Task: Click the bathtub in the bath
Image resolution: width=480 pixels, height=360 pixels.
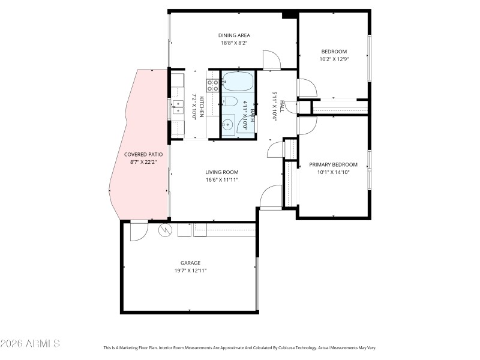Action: (238, 81)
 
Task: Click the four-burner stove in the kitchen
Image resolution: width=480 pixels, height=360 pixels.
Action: (212, 85)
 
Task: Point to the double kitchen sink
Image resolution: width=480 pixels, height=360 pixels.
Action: (178, 107)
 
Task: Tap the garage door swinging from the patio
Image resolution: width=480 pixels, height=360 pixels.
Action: (138, 229)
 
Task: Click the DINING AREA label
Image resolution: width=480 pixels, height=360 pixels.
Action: (234, 35)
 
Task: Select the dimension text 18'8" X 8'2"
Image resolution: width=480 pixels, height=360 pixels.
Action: (234, 43)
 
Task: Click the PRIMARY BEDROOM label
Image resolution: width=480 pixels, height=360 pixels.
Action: (333, 164)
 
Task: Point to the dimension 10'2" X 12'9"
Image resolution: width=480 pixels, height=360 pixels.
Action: (333, 59)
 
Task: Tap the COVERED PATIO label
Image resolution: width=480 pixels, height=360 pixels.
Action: (143, 154)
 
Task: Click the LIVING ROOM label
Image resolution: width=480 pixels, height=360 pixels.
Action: (223, 172)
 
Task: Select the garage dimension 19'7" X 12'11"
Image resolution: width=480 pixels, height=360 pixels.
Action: (190, 270)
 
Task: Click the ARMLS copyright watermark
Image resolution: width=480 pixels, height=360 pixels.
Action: (30, 344)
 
